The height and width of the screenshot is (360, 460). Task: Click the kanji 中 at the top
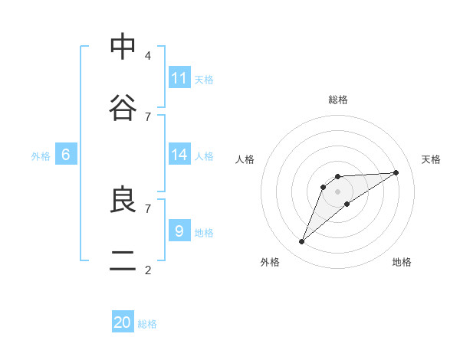123,47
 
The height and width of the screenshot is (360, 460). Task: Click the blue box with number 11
179,78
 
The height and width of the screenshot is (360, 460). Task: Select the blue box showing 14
179,155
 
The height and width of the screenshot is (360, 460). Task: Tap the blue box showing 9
179,231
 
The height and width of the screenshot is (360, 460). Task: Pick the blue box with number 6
66,155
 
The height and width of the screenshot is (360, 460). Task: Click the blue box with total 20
123,322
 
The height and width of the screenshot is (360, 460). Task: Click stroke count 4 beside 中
148,55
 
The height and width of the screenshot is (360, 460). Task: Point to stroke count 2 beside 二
148,270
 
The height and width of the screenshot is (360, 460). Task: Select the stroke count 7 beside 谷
148,116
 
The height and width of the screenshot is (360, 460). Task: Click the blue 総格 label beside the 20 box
147,324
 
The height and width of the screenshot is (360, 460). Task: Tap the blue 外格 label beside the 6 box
41,156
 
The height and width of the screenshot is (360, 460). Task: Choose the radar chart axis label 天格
431,159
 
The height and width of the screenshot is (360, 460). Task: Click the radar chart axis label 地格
402,262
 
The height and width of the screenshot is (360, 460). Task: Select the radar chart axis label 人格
245,159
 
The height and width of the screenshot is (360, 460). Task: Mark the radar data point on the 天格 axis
396,172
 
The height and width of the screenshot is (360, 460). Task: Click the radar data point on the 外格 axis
302,242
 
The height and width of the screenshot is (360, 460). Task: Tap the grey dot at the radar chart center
337,191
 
